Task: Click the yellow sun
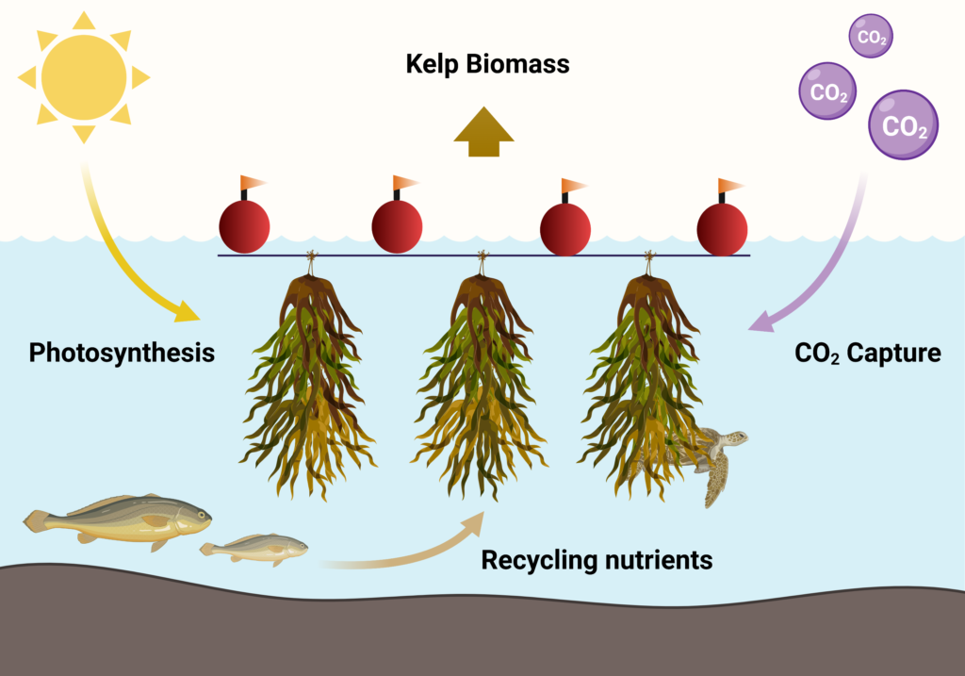84,77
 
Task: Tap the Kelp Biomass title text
487,64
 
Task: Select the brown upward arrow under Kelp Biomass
482,130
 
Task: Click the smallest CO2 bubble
870,38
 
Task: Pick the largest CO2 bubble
904,124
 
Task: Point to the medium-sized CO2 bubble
827,92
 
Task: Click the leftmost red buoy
244,227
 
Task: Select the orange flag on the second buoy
405,182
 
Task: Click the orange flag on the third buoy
573,185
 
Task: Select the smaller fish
255,548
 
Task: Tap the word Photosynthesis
122,354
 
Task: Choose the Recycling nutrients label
597,560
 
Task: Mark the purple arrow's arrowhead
760,322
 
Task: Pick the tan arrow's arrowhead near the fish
475,522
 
